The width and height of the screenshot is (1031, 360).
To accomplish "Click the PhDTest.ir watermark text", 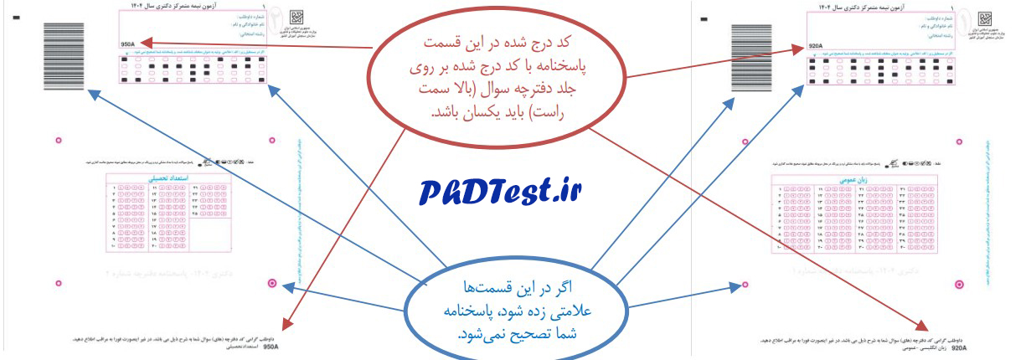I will point(501,193).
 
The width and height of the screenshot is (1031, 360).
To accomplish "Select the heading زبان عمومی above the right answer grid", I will point(853,181).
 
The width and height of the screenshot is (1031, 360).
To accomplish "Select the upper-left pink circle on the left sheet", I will point(58,141).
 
